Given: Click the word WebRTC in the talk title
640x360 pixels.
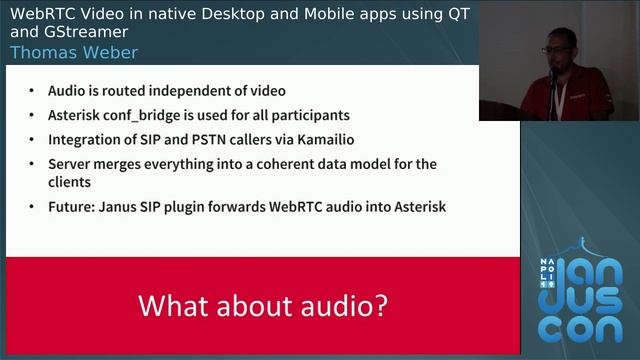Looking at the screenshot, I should (45, 13).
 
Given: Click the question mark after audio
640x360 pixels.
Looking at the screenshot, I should (380, 304).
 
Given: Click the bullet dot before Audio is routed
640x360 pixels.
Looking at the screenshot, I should (36, 91).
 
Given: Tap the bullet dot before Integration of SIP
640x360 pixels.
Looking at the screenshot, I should (36, 139).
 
